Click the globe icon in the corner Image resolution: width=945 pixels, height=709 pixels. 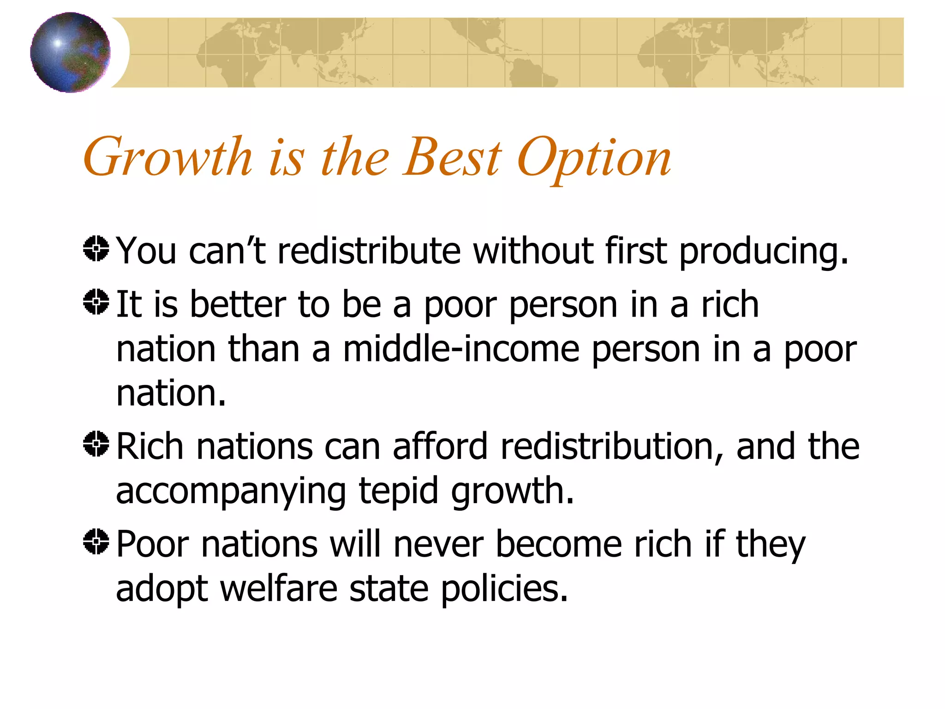pos(70,52)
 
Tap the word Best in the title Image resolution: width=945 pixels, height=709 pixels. pos(452,157)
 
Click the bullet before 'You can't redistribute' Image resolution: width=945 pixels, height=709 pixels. pos(96,249)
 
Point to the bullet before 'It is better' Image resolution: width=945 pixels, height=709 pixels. pos(96,302)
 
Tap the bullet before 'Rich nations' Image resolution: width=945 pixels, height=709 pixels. pos(96,444)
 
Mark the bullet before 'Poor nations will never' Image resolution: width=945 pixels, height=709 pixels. pos(96,541)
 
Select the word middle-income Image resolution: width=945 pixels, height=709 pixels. pos(461,349)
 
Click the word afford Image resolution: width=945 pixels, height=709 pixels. pos(440,446)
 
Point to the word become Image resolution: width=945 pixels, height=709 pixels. pos(559,544)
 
